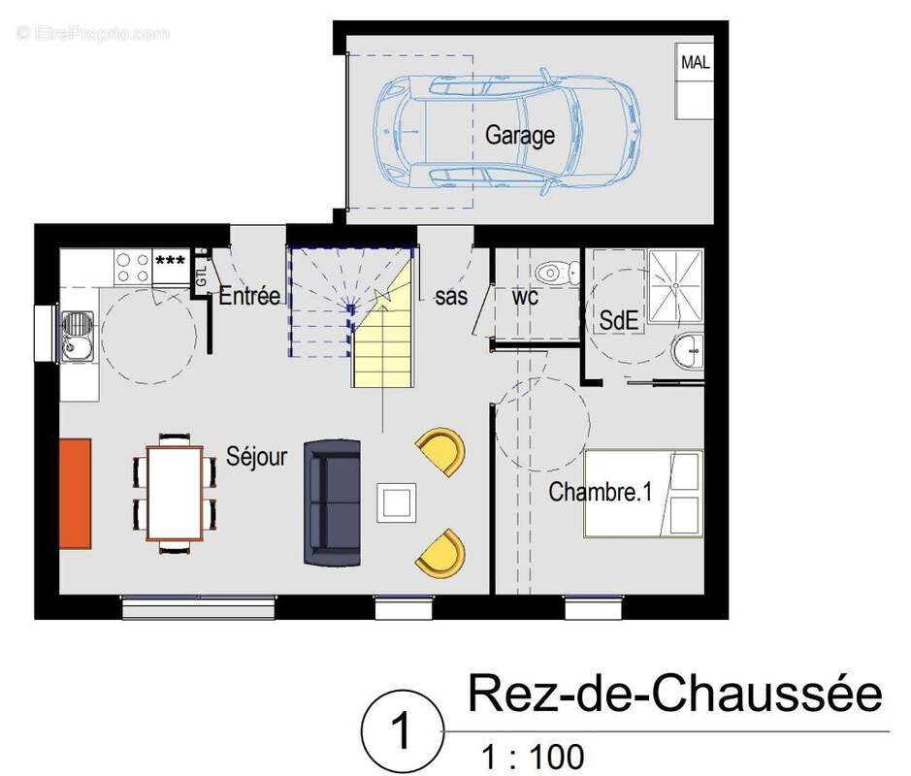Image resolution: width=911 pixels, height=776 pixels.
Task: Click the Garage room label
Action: click(x=520, y=136)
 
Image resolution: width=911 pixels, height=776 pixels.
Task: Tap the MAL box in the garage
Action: click(x=695, y=64)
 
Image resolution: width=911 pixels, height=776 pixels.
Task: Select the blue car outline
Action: click(x=507, y=133)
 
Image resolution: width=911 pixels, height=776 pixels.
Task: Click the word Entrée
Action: click(x=249, y=296)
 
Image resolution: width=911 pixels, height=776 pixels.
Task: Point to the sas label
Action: click(x=451, y=298)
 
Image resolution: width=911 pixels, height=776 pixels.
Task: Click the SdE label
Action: click(x=620, y=320)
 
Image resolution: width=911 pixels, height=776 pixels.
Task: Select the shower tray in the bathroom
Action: click(x=675, y=286)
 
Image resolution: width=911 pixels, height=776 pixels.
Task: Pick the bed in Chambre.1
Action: click(x=642, y=494)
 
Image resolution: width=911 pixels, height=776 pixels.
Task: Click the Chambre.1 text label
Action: click(x=601, y=492)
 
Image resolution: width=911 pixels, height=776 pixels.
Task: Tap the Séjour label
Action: click(x=257, y=456)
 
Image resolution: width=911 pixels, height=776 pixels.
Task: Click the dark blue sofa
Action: click(x=333, y=502)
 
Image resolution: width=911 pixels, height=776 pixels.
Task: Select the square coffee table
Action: click(x=398, y=502)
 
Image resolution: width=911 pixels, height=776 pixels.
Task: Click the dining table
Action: click(x=175, y=493)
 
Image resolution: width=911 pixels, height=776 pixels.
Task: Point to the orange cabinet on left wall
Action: click(x=76, y=492)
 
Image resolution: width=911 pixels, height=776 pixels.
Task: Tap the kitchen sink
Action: click(x=76, y=334)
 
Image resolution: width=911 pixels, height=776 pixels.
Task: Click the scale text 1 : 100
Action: click(x=534, y=755)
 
